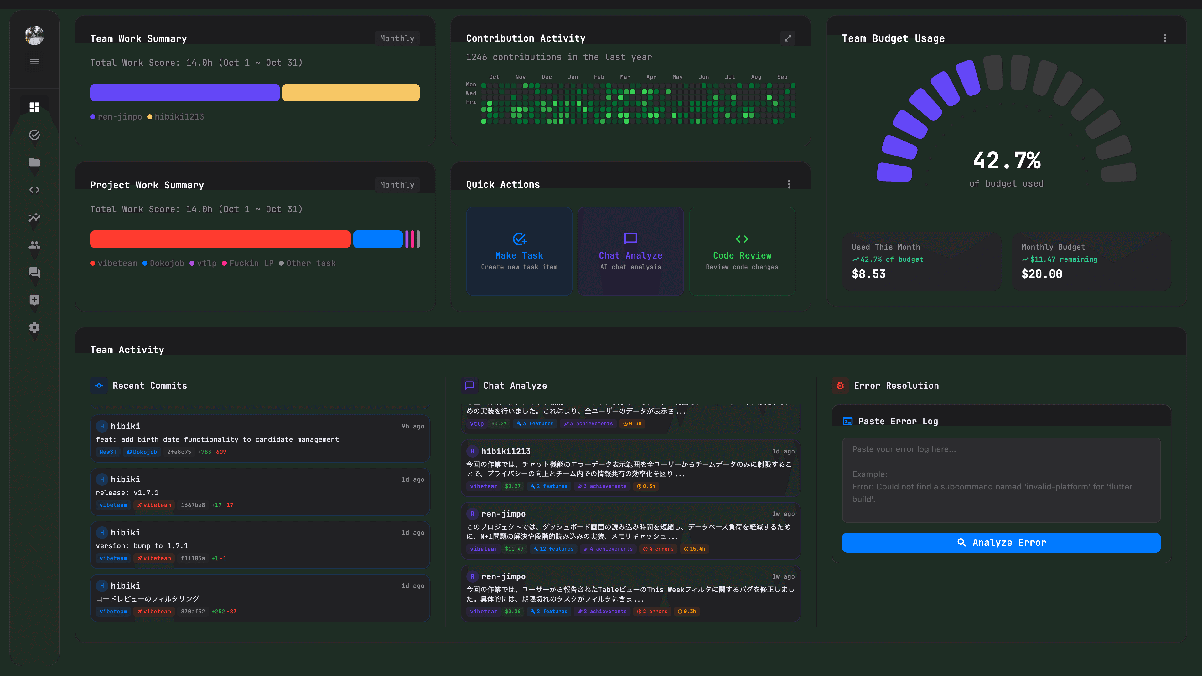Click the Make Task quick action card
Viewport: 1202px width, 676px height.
519,251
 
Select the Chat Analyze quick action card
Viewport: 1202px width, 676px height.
630,251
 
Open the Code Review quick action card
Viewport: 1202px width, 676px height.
742,251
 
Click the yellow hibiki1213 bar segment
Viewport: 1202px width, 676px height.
350,93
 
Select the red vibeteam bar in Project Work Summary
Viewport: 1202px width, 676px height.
220,239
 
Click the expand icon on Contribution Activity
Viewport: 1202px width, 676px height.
788,38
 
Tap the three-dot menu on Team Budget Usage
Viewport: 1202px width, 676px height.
1165,38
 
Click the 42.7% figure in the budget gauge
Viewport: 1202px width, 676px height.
1007,161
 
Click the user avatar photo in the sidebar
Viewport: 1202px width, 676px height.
34,35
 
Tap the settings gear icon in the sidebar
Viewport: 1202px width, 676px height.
34,328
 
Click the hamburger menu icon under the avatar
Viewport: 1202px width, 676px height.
34,62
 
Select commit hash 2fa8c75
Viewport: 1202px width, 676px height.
179,452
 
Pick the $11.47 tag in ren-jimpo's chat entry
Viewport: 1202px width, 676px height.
514,549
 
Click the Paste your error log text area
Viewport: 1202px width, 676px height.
1001,480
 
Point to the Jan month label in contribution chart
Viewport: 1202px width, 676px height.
573,77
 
